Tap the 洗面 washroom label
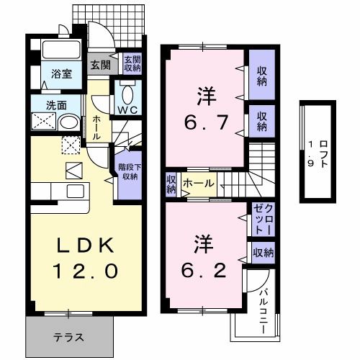click(40, 103)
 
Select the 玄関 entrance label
click(99, 64)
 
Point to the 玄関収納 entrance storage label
click(131, 64)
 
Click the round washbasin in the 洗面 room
click(68, 122)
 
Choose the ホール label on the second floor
click(197, 184)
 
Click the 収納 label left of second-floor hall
click(171, 184)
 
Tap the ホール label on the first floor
click(96, 127)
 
